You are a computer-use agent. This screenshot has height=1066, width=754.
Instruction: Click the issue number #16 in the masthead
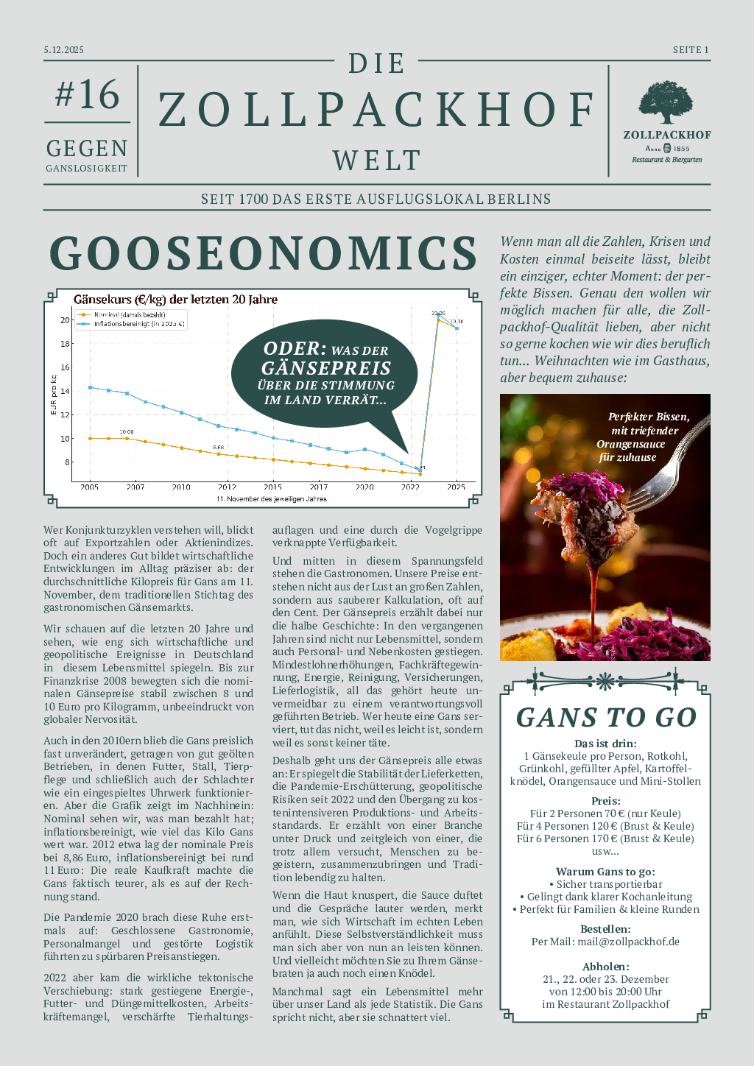(x=87, y=95)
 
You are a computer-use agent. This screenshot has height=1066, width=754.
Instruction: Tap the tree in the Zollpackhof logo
(x=666, y=102)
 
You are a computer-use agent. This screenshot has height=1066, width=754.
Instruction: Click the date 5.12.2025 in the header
(x=64, y=50)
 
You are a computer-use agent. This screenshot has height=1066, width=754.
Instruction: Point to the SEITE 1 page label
(x=690, y=50)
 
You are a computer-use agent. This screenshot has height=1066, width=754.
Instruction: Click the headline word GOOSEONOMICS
(x=264, y=253)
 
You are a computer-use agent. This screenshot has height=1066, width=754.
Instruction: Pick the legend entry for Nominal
(x=130, y=315)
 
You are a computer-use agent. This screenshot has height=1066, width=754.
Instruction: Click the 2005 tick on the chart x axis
(x=90, y=487)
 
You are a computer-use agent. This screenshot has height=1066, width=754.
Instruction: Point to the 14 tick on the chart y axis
(x=66, y=391)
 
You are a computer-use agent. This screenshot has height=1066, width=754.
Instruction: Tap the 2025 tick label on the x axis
(x=456, y=487)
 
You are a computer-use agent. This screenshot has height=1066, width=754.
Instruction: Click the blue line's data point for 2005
(x=90, y=387)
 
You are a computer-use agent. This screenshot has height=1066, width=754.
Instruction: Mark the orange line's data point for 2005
(x=90, y=438)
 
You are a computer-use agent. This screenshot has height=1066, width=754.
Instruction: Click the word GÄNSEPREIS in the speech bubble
(x=326, y=368)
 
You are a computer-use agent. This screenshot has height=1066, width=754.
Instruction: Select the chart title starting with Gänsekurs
(x=175, y=300)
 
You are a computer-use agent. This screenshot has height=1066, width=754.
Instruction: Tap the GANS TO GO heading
(x=606, y=718)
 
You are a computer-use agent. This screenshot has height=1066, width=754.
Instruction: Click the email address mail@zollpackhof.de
(x=628, y=942)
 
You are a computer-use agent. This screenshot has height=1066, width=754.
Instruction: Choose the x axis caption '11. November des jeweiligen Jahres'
(x=271, y=499)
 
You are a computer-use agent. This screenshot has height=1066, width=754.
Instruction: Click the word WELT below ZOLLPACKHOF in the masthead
(x=376, y=160)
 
